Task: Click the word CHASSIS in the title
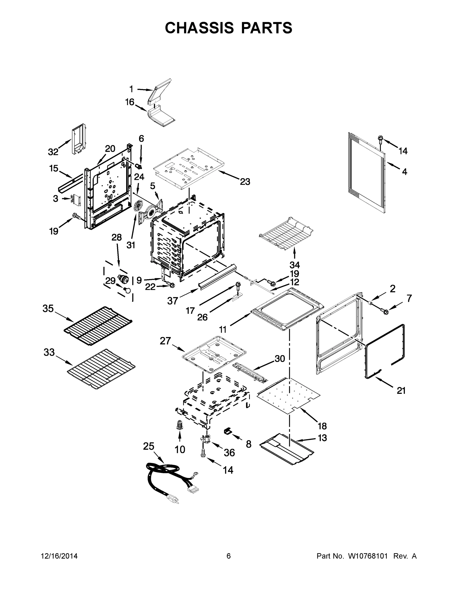(x=199, y=28)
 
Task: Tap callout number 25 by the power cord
(x=149, y=446)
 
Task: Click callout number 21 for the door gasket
(x=401, y=391)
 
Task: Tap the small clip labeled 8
(x=228, y=431)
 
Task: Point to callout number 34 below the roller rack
(x=294, y=264)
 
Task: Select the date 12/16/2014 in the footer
(x=59, y=556)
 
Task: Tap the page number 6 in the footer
(x=229, y=556)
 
